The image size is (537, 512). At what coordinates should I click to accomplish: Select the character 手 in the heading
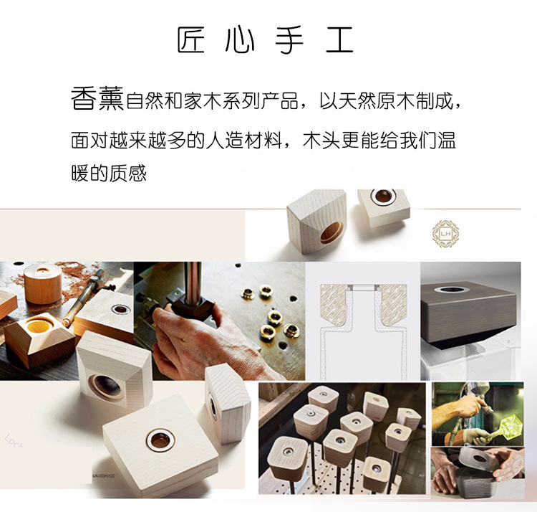(x=289, y=41)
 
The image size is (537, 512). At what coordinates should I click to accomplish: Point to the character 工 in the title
(x=339, y=41)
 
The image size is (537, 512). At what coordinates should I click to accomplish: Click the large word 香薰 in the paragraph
(x=97, y=99)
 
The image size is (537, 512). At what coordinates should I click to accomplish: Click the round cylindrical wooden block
(x=43, y=283)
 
